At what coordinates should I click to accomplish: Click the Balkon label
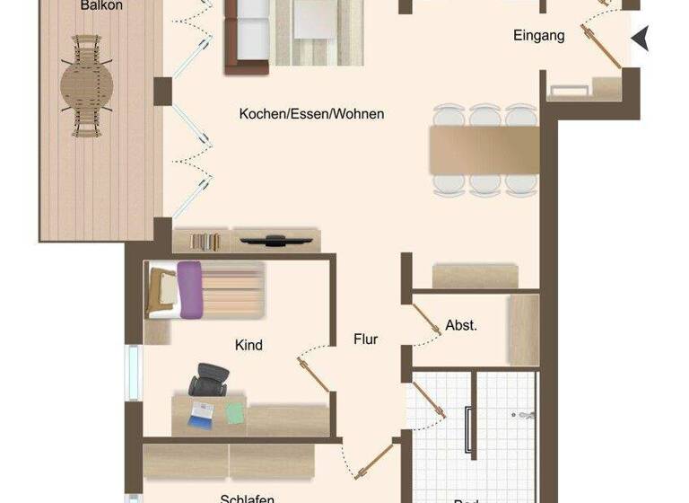(x=101, y=5)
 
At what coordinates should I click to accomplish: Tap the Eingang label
(x=539, y=36)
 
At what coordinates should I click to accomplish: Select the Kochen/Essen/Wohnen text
(x=311, y=114)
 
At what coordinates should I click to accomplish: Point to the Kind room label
(x=249, y=345)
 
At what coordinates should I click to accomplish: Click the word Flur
(x=365, y=340)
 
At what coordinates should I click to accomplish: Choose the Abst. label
(x=461, y=325)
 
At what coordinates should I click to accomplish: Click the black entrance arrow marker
(x=640, y=39)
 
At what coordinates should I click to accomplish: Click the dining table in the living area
(x=484, y=150)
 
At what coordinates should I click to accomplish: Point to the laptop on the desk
(x=201, y=413)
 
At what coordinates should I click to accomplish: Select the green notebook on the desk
(x=234, y=412)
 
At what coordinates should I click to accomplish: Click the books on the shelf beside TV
(x=205, y=241)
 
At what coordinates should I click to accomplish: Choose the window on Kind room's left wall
(x=133, y=372)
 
